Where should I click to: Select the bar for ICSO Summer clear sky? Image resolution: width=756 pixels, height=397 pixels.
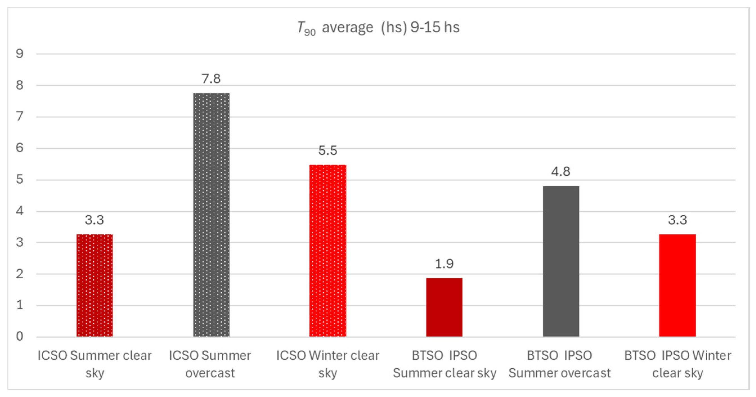click(94, 285)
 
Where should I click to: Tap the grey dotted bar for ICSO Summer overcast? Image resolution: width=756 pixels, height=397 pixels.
click(211, 215)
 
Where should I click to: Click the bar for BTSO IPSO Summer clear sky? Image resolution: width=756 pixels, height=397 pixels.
click(444, 307)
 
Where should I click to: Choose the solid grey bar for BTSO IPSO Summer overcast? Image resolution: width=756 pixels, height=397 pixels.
click(561, 261)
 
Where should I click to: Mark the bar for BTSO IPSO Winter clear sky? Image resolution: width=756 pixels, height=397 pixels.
click(677, 285)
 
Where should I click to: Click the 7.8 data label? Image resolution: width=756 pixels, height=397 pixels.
click(211, 79)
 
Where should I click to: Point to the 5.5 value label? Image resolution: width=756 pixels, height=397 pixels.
click(328, 151)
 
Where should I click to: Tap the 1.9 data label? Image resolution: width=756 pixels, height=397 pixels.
click(444, 264)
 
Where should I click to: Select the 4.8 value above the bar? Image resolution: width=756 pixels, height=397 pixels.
click(561, 171)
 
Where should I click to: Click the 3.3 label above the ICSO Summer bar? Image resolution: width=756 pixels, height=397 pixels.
click(94, 220)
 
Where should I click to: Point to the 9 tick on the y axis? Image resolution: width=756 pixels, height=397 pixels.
click(20, 54)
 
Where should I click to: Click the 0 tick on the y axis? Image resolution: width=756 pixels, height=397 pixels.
click(20, 337)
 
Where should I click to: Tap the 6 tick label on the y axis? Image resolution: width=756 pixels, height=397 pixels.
click(20, 148)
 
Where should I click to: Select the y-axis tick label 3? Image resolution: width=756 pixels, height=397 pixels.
click(20, 243)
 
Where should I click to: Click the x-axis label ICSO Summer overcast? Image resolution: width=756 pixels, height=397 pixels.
click(210, 364)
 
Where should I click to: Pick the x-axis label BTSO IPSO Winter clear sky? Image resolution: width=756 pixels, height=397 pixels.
click(677, 364)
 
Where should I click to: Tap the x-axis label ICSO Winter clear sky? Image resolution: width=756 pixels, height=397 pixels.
click(328, 364)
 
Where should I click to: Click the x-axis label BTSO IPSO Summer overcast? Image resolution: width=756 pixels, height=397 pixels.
click(560, 364)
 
